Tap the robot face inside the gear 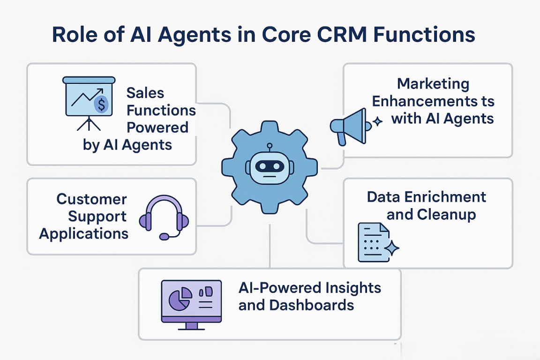tap(270, 167)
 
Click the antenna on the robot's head tap(270, 148)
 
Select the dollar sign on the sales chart tap(102, 105)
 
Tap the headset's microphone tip tap(164, 237)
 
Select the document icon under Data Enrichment tap(374, 242)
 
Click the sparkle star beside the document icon tap(391, 247)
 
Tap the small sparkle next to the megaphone tap(378, 121)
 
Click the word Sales tap(145, 93)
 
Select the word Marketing tap(433, 84)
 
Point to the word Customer tap(91, 199)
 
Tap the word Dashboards tap(312, 305)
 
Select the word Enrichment tap(445, 197)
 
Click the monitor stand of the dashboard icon tap(191, 326)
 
